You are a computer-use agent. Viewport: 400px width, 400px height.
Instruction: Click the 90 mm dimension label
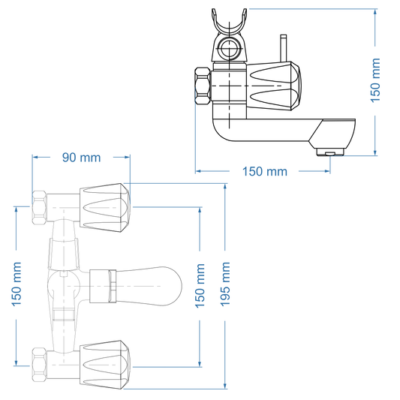click(80, 158)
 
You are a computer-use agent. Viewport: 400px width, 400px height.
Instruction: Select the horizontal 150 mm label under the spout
click(264, 171)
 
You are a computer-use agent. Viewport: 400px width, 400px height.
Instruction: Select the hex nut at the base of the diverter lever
click(101, 285)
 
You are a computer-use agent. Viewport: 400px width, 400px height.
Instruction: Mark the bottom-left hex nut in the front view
click(42, 361)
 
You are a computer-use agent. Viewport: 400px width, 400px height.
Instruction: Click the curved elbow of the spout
click(223, 136)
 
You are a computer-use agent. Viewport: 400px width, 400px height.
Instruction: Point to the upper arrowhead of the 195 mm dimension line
click(226, 188)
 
